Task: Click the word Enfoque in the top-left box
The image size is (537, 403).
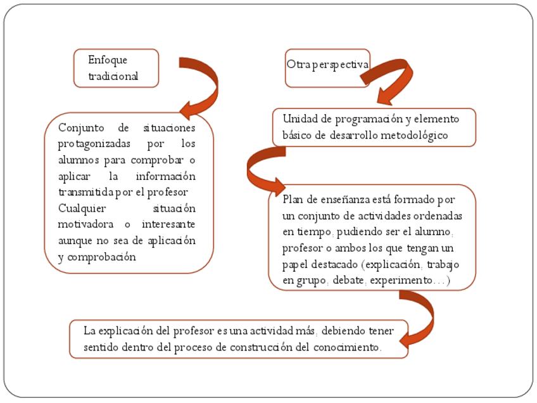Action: [x=108, y=60]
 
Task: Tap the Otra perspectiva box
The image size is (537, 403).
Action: [x=327, y=65]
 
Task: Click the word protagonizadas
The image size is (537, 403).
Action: [x=95, y=144]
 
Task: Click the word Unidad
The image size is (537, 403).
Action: [x=298, y=119]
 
